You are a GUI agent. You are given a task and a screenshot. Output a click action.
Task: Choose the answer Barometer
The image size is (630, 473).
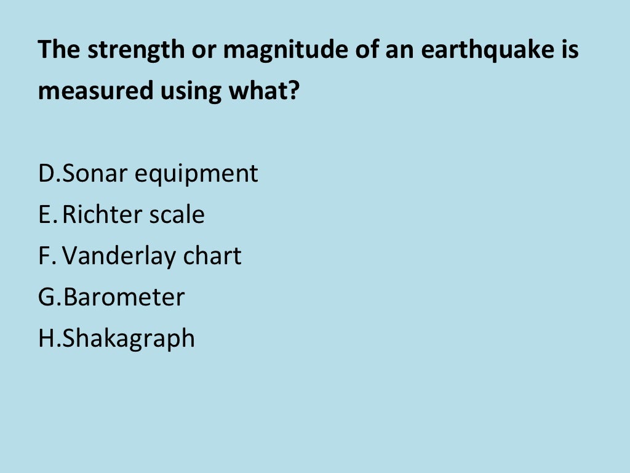tap(124, 297)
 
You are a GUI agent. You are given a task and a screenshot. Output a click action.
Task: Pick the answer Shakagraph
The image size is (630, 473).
tap(129, 339)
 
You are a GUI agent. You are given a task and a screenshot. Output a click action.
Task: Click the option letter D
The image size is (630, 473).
tap(46, 174)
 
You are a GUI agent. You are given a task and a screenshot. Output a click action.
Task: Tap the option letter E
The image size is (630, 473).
tap(44, 215)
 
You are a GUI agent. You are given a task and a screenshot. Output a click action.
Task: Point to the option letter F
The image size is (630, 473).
tap(44, 256)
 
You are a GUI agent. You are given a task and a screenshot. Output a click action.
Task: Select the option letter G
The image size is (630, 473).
tap(47, 297)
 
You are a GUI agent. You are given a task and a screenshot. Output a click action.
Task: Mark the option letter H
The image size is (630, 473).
tap(47, 339)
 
